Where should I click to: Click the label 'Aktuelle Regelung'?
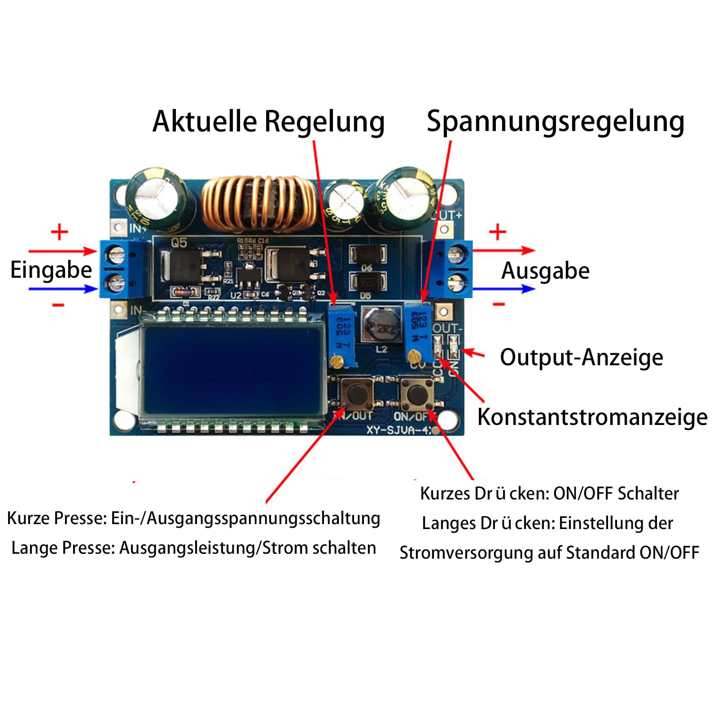point(268,122)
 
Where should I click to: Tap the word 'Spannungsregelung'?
point(555,122)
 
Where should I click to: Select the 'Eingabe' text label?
point(51,270)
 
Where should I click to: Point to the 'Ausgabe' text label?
point(545,271)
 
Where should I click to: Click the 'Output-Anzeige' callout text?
point(582,358)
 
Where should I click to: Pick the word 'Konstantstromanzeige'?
point(592,417)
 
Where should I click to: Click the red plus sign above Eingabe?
point(59,232)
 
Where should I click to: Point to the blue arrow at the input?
point(63,289)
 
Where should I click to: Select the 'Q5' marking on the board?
point(179,243)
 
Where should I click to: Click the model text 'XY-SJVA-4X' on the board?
point(399,430)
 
